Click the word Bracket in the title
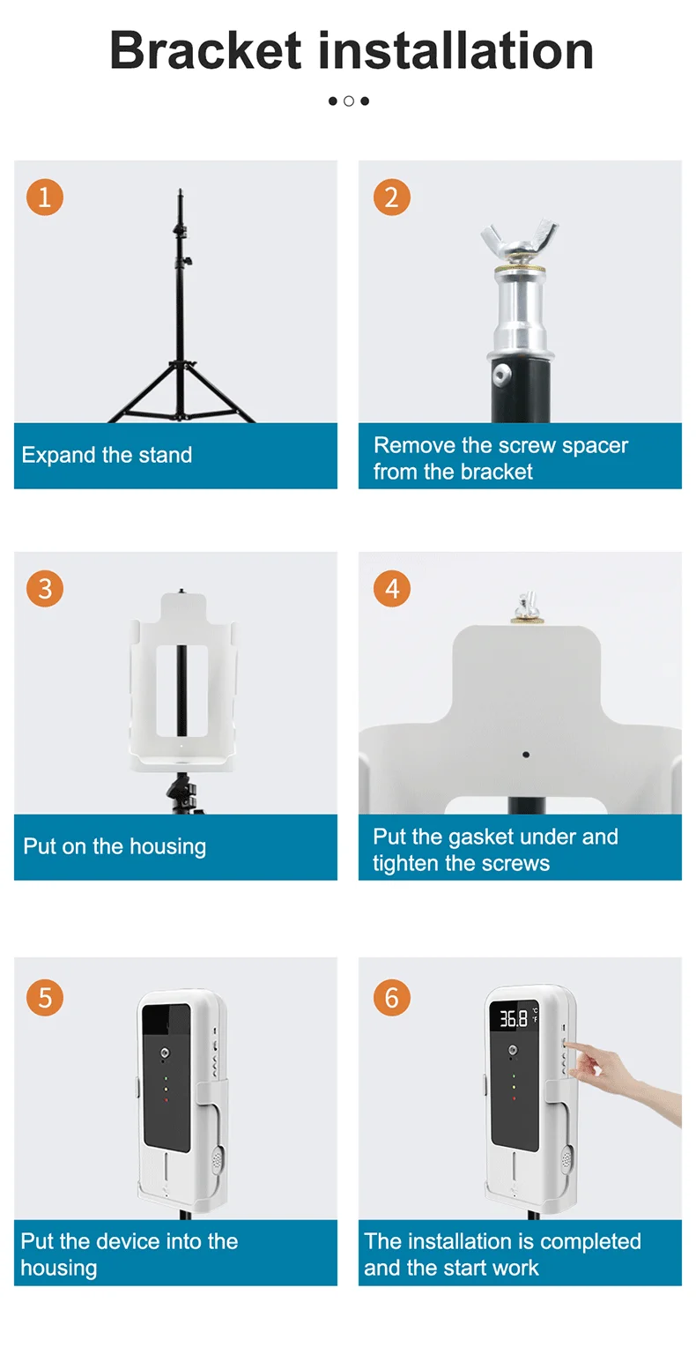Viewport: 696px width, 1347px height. [205, 50]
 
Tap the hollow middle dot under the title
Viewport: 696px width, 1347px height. [349, 101]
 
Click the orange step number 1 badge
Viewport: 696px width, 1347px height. [44, 197]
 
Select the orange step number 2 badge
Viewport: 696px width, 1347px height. [391, 197]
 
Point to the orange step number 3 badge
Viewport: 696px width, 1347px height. [44, 589]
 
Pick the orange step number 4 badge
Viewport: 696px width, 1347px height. [391, 589]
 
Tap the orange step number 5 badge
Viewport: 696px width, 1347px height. [44, 998]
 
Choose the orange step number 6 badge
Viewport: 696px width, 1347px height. [391, 998]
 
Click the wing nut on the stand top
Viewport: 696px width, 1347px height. [519, 239]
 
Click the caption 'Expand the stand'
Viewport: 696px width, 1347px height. [107, 455]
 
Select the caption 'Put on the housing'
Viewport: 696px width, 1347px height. [115, 846]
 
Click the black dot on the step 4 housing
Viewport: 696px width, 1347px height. [526, 755]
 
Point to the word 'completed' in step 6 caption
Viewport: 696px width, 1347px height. [590, 1242]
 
